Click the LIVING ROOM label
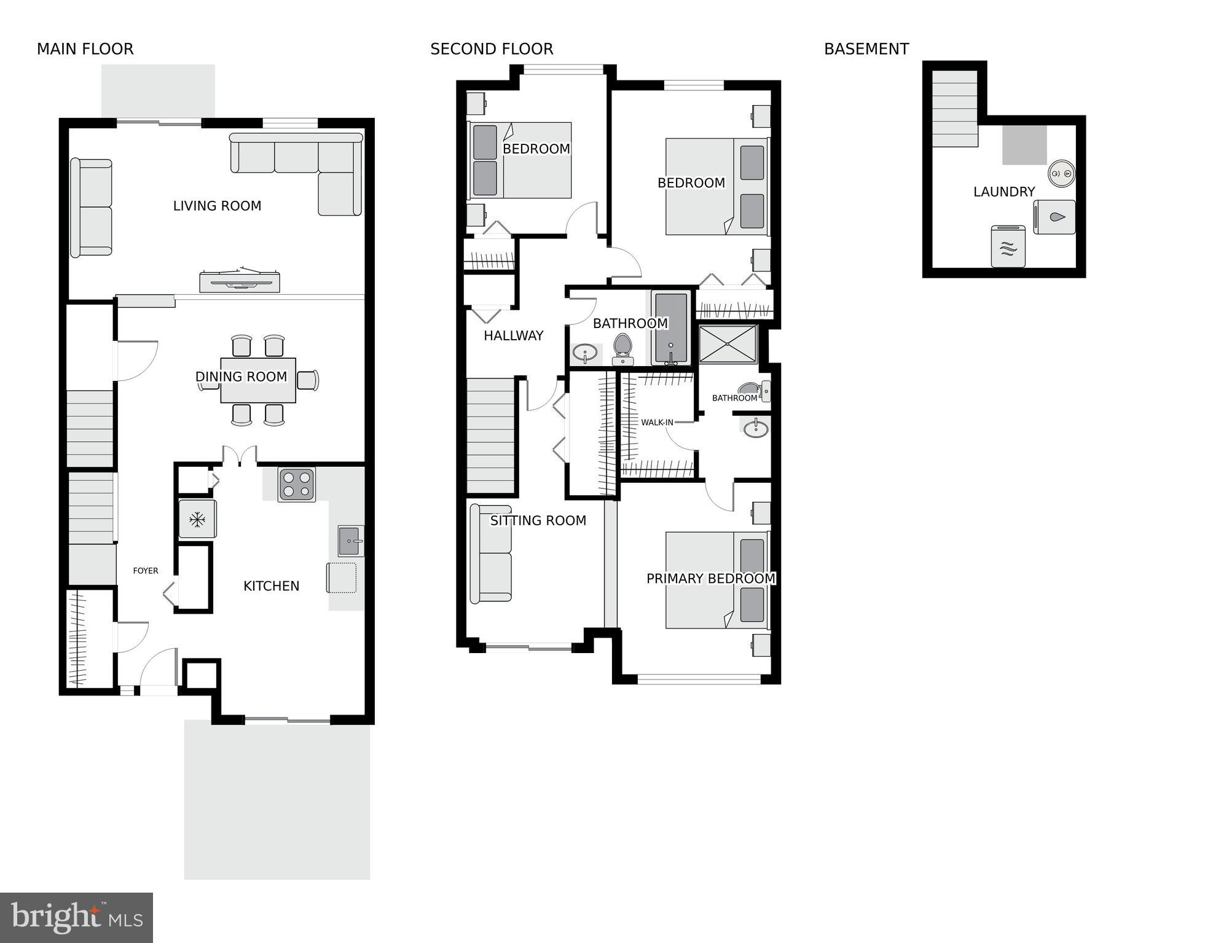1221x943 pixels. coord(217,206)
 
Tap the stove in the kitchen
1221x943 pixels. coord(296,484)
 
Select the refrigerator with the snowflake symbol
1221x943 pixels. coord(197,520)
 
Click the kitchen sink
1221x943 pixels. coord(350,541)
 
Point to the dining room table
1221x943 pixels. coord(258,380)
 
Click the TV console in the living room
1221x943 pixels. coord(240,281)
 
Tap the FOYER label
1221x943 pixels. coord(146,571)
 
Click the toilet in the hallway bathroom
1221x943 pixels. coord(622,350)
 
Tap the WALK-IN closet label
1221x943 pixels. coord(657,423)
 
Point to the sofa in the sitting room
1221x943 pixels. coord(490,554)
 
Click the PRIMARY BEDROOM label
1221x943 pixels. coord(710,579)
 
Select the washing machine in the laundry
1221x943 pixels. coord(1054,217)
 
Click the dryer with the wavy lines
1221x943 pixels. coord(1008,246)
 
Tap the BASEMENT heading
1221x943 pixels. coord(866,49)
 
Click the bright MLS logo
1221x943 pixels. coord(76,918)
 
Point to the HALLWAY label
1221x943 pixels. coord(513,335)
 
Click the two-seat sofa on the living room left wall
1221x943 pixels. coord(91,208)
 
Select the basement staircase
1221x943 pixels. coord(954,108)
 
